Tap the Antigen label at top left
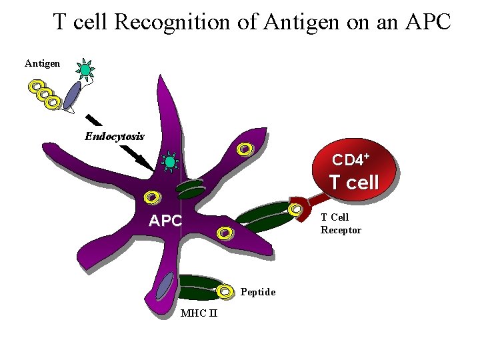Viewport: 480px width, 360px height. point(42,63)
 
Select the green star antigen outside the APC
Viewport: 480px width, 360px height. point(85,69)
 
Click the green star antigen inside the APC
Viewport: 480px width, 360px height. point(171,162)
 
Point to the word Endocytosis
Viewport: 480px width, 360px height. point(114,136)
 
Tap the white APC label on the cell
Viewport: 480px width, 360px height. point(165,221)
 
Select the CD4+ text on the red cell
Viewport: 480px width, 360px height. point(351,160)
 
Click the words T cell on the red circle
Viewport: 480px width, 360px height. point(354,182)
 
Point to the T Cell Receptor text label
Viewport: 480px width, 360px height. point(341,223)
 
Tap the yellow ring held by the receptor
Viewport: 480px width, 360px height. point(294,210)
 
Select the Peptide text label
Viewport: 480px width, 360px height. point(258,292)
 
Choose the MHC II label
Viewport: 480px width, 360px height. point(199,314)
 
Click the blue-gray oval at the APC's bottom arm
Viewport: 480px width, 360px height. point(163,287)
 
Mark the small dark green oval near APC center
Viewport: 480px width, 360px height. point(191,189)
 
